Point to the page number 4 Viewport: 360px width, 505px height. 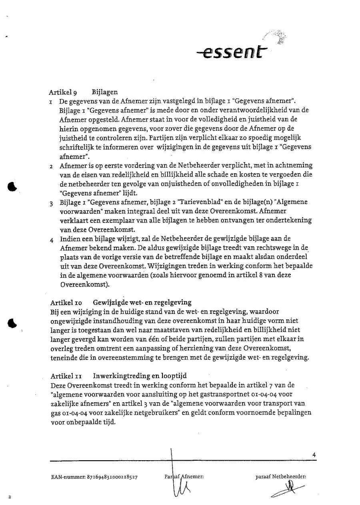(x=314, y=454)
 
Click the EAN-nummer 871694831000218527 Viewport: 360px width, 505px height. (x=94, y=477)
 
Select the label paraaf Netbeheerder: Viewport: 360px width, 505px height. (x=281, y=477)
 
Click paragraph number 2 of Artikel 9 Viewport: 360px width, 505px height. (x=52, y=166)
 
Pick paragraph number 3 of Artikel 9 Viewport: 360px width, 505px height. (x=52, y=203)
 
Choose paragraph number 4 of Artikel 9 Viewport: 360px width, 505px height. (x=52, y=240)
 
